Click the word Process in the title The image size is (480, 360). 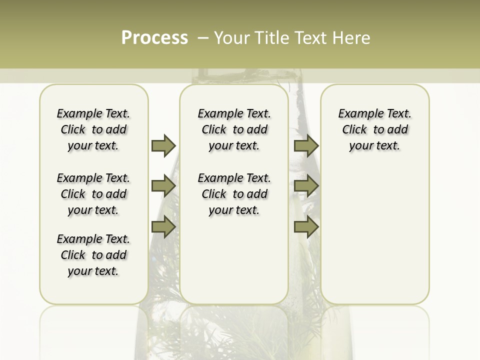(x=154, y=37)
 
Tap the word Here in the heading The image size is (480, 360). (x=350, y=38)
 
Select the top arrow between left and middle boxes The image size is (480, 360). (x=163, y=145)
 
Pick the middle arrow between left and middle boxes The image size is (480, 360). (x=163, y=186)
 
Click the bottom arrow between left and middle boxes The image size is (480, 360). (x=163, y=227)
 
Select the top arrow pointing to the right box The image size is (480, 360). (x=306, y=145)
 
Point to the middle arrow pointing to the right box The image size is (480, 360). (x=306, y=186)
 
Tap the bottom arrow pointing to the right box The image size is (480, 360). (x=306, y=227)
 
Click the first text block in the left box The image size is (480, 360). (x=93, y=129)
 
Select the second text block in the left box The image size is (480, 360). (x=93, y=194)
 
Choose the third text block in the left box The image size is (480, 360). (x=93, y=255)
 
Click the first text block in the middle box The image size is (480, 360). (x=234, y=129)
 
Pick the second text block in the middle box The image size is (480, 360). (x=234, y=194)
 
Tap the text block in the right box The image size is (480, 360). (x=374, y=129)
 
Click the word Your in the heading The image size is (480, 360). (x=231, y=38)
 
